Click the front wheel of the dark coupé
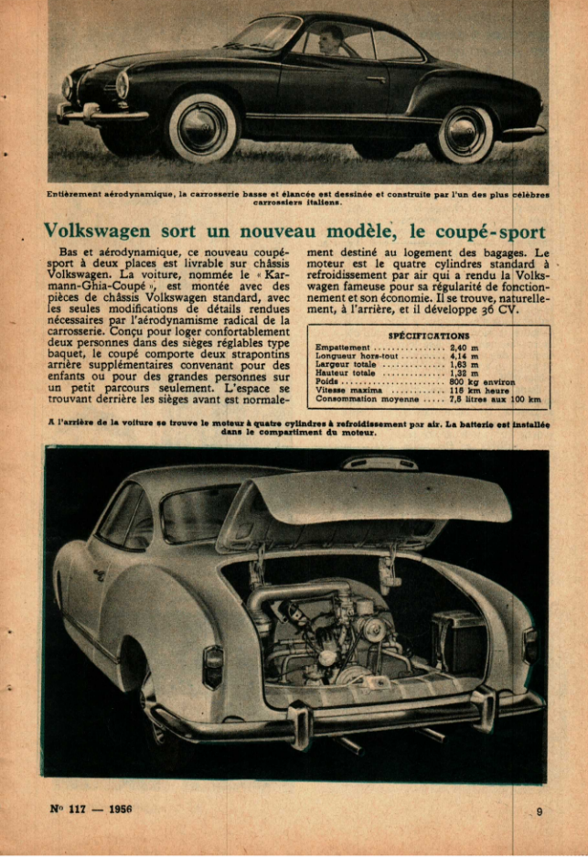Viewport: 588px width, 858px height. coord(203,126)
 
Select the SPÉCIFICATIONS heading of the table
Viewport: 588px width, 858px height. coord(428,336)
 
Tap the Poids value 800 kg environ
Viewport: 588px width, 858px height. coord(482,381)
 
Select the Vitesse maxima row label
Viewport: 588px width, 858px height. coord(345,390)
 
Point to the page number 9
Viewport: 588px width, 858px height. coord(539,810)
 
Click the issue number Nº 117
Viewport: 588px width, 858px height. coord(67,809)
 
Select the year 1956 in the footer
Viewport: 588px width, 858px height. coord(122,809)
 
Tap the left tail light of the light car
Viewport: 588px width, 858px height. coord(212,665)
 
